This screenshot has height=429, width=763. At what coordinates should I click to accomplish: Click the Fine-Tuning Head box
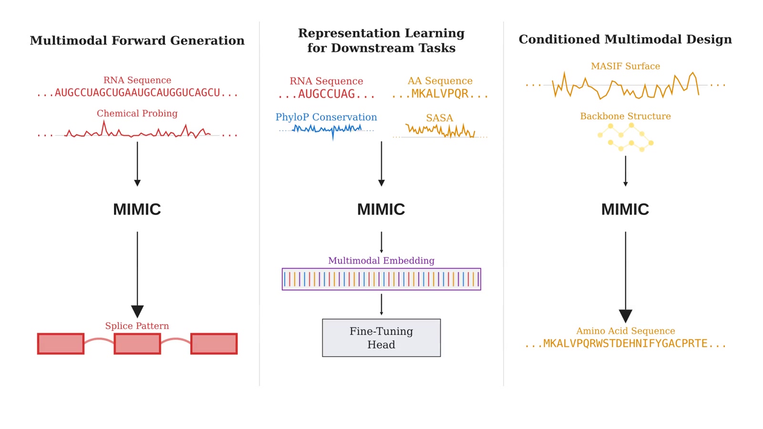point(381,337)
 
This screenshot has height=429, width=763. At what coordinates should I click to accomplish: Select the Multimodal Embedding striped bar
point(381,279)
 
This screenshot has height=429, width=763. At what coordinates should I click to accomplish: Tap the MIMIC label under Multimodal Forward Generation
point(137,209)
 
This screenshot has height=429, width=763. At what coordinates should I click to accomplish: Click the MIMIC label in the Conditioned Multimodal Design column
point(625,209)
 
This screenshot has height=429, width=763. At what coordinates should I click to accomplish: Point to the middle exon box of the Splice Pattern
point(137,344)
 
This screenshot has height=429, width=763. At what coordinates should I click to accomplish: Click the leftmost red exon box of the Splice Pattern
point(61,344)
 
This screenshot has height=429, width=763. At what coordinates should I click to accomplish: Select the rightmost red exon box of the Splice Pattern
point(214,344)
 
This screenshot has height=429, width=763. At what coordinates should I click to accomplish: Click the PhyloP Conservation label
point(326,117)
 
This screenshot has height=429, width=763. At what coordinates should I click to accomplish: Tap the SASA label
point(439,118)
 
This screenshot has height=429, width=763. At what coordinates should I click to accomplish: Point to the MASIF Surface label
point(625,66)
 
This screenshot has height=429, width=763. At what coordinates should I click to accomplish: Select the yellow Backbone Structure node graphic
point(625,137)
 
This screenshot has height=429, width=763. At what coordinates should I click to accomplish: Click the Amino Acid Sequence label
point(625,331)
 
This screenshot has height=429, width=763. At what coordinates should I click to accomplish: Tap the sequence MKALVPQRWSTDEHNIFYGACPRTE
point(625,344)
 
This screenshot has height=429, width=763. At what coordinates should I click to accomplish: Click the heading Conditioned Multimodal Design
point(625,40)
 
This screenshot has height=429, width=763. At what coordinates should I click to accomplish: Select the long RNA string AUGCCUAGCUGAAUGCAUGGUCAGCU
point(137,93)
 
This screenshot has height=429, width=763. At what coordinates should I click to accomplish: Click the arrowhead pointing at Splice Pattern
point(137,311)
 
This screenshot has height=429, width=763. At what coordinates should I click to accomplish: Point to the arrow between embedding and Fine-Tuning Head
point(381,304)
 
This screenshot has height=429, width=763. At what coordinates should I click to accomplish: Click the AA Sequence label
point(440,81)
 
